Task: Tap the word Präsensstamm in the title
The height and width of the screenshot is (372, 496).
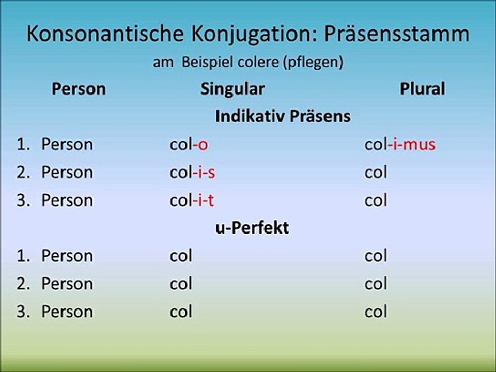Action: pyautogui.click(x=397, y=34)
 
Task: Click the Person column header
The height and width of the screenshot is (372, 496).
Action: pyautogui.click(x=79, y=89)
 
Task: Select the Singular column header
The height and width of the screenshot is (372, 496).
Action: pyautogui.click(x=232, y=89)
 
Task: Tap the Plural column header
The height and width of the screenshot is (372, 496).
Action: pyautogui.click(x=422, y=89)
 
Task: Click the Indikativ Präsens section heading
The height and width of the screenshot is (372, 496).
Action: pyautogui.click(x=283, y=116)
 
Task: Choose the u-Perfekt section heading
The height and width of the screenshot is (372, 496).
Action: pyautogui.click(x=252, y=228)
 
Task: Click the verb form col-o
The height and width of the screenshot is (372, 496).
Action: pyautogui.click(x=189, y=144)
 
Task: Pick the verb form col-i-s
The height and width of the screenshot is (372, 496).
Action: pyautogui.click(x=192, y=172)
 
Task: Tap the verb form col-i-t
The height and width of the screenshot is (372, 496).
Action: pyautogui.click(x=192, y=200)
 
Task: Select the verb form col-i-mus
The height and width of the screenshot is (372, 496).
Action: pyautogui.click(x=400, y=144)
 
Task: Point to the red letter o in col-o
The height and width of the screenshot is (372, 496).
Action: pyautogui.click(x=203, y=145)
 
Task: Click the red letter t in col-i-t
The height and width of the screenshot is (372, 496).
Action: pyautogui.click(x=210, y=200)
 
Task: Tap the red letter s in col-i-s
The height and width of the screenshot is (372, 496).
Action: pyautogui.click(x=211, y=173)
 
